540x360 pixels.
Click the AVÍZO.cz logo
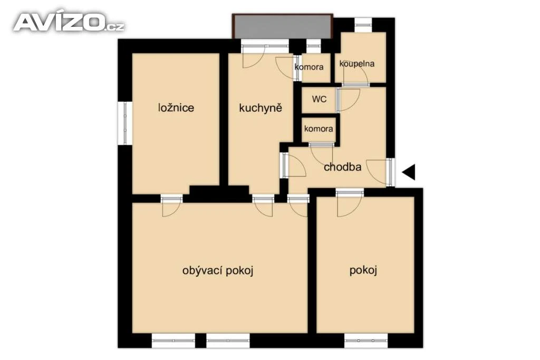click(69, 22)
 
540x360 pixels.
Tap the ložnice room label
click(176, 108)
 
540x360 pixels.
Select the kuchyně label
click(261, 108)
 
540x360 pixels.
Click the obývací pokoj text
click(218, 270)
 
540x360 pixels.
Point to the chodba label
click(342, 167)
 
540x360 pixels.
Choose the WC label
click(319, 100)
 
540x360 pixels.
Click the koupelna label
click(357, 64)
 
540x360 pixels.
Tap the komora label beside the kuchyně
click(309, 67)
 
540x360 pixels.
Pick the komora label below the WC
click(319, 129)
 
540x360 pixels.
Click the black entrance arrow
click(409, 172)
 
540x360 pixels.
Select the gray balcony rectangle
click(283, 26)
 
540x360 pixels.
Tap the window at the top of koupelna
click(363, 25)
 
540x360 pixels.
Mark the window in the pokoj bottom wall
click(366, 340)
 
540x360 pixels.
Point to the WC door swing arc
click(350, 100)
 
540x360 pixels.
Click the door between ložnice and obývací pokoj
click(171, 207)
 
